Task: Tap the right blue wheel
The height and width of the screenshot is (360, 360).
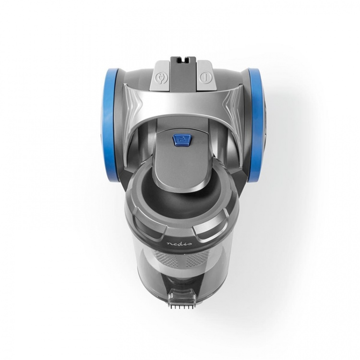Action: [x=256, y=121]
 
